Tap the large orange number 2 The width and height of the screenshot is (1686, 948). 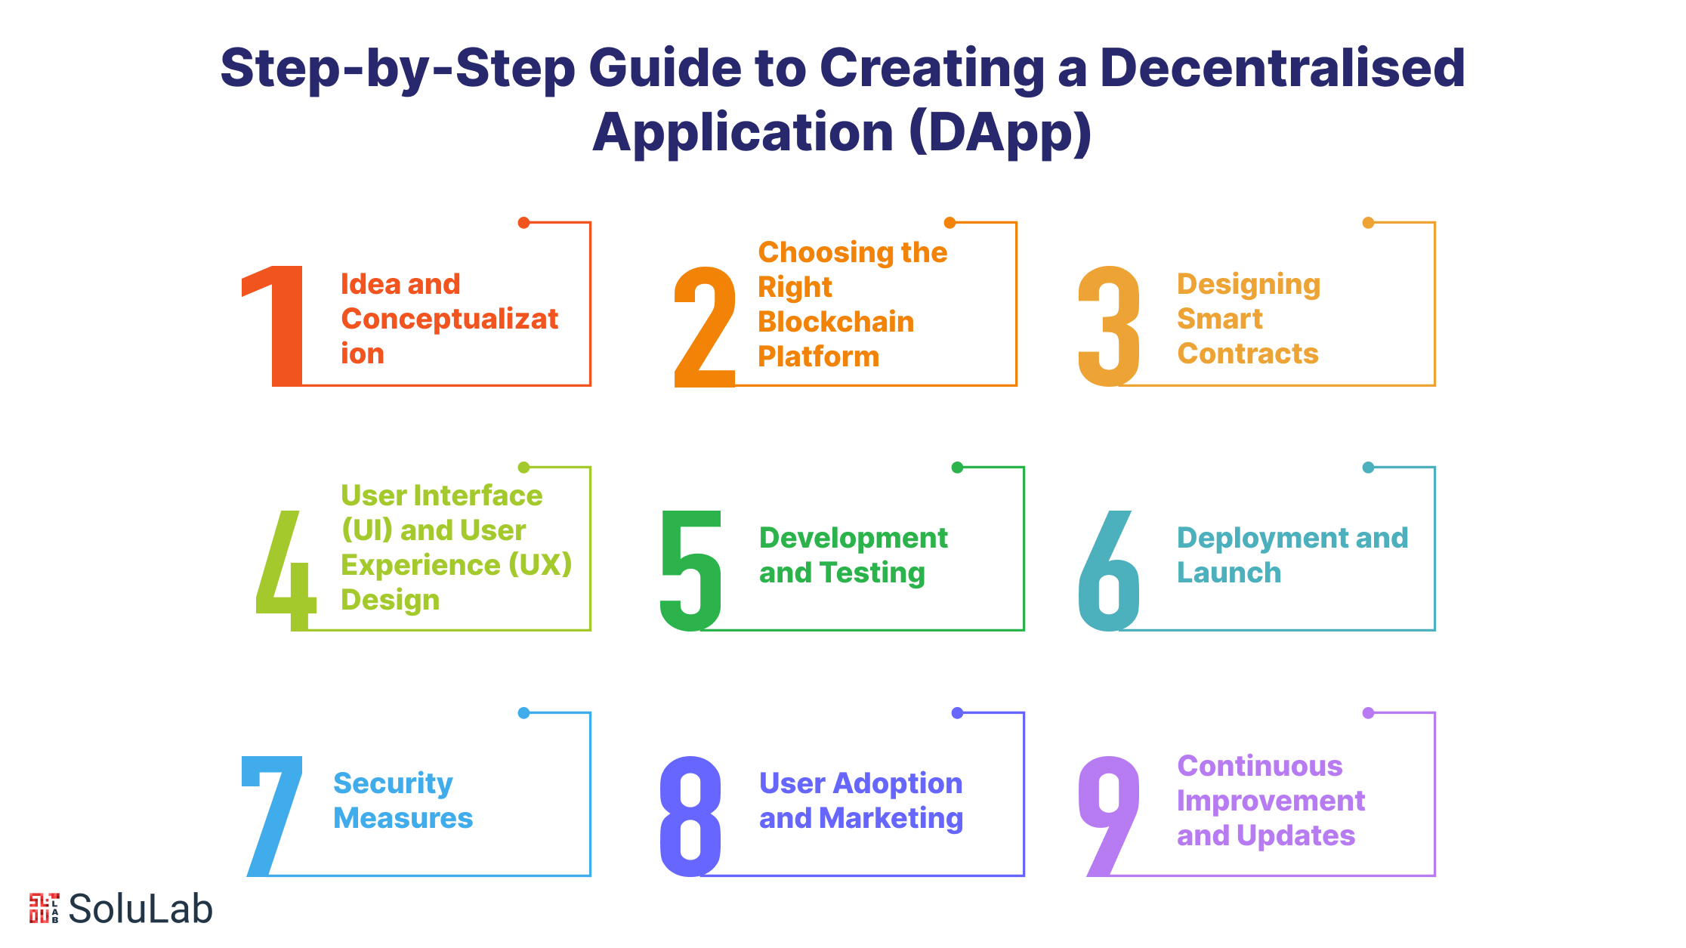[x=705, y=326]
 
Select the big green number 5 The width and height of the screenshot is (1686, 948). [x=691, y=570]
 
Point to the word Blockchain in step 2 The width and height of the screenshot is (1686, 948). [x=835, y=322]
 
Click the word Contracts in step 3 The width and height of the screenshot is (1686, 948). [x=1247, y=354]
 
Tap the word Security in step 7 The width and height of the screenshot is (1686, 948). [x=393, y=783]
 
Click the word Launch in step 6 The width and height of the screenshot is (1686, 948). [x=1229, y=573]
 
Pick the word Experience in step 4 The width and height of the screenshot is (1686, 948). [x=420, y=565]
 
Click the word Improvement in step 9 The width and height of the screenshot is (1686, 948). [x=1271, y=801]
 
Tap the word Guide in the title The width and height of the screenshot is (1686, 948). [x=665, y=68]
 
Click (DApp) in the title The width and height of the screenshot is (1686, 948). [x=1001, y=133]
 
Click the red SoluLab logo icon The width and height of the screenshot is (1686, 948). [x=44, y=908]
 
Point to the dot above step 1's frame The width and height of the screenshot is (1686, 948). [x=523, y=222]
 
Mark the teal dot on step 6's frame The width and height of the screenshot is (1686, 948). [x=1368, y=468]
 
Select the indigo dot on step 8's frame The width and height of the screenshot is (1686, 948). [x=957, y=712]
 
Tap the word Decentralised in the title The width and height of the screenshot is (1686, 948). [x=1282, y=68]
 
